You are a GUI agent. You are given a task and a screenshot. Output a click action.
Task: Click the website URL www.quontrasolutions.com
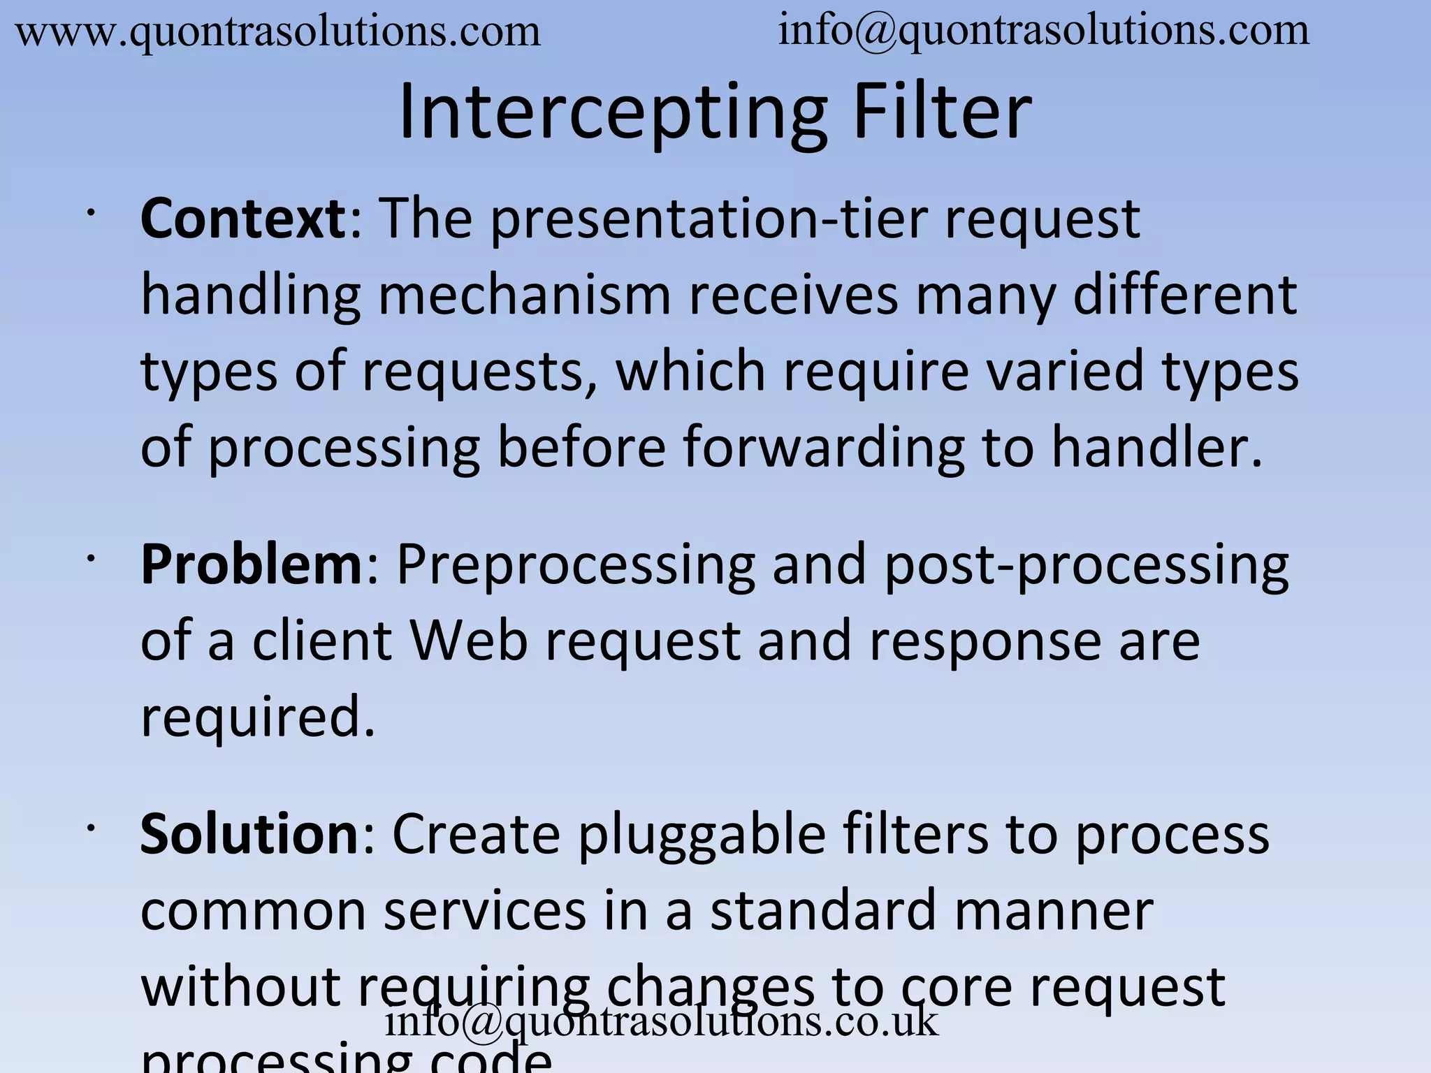point(278,32)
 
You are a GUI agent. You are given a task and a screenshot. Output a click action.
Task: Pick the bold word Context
point(242,219)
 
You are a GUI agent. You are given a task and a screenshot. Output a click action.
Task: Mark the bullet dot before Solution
point(90,827)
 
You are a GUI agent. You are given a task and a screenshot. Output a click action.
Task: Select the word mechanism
point(524,295)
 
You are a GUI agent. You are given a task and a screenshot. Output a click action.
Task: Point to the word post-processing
point(1087,565)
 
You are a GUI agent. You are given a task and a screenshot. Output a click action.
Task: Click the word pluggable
point(702,835)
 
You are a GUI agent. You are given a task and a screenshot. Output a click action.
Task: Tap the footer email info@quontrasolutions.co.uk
point(661,1021)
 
